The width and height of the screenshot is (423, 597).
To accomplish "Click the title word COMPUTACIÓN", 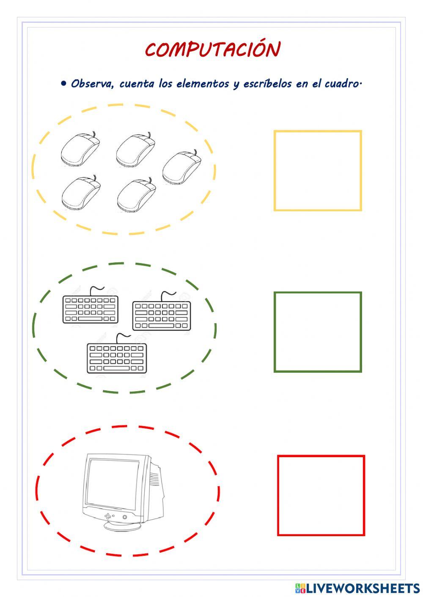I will (x=212, y=50).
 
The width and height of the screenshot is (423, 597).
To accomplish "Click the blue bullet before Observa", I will (x=64, y=83).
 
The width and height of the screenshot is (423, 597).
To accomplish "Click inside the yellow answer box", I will (x=318, y=171).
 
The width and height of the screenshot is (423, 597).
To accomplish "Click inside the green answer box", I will (x=318, y=332).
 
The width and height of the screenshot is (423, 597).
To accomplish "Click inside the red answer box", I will (x=321, y=495).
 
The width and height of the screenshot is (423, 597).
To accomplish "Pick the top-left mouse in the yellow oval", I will (x=80, y=150).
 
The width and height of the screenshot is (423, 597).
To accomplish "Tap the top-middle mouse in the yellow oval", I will (x=135, y=150).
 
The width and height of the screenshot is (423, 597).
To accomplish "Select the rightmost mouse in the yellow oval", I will (x=182, y=168).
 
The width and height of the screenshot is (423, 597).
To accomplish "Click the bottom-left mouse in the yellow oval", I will (x=81, y=193).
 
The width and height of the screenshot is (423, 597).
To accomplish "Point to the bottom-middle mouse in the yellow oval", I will (x=136, y=195).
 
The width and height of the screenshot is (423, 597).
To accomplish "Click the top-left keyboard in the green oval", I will (x=90, y=309).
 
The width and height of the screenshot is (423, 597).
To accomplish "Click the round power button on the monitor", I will (x=125, y=517).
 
